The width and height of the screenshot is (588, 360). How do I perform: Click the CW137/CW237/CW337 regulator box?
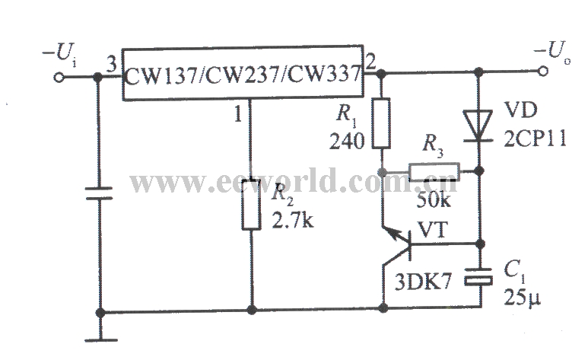(243, 73)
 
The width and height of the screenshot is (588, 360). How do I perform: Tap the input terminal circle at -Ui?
(59, 78)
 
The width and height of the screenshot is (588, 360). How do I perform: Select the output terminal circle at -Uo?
(543, 71)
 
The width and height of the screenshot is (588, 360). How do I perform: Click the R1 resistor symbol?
(381, 123)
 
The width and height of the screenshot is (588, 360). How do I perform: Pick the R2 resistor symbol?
(251, 205)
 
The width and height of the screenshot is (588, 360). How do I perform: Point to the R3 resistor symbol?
(434, 172)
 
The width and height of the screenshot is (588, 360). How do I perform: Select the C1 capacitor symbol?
(478, 277)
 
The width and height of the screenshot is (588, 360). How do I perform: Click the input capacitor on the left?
(100, 193)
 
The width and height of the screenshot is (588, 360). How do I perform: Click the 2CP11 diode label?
(535, 139)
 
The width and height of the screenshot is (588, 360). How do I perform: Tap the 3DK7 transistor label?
(423, 282)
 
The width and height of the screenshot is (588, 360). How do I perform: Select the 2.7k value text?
(293, 221)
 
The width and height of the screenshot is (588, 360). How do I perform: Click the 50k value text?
(434, 201)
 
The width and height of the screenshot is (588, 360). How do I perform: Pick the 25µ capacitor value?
(522, 298)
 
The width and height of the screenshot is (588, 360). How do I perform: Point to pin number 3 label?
(111, 65)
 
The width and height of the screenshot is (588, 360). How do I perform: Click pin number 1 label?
(238, 113)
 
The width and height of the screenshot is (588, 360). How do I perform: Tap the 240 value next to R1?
(347, 142)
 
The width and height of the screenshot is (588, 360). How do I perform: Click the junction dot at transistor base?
(480, 244)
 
